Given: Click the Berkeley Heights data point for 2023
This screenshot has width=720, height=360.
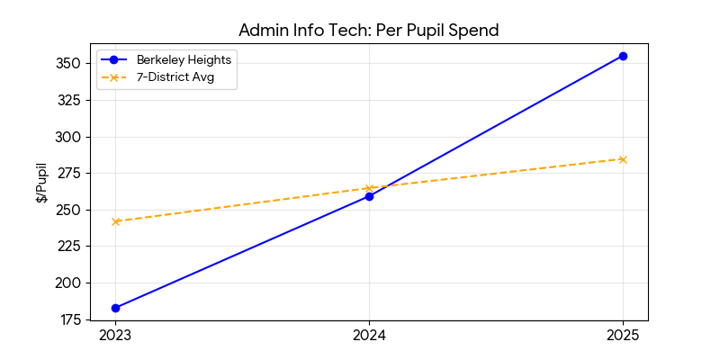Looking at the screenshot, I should tap(115, 308).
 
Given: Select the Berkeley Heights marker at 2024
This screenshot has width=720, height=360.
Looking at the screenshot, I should tap(369, 196).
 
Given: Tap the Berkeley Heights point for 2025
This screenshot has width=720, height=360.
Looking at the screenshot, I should tap(623, 56).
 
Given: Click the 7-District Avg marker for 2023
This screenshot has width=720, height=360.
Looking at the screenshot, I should tap(115, 221).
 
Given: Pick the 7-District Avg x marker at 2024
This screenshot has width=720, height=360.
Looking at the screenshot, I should tap(369, 188).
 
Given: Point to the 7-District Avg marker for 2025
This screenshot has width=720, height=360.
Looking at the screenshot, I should tap(623, 159).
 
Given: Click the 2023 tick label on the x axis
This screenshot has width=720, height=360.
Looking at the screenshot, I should tap(115, 336).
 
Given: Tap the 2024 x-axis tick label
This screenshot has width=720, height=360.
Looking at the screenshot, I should tap(369, 336).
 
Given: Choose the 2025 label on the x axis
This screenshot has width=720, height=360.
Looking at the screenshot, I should tap(623, 336).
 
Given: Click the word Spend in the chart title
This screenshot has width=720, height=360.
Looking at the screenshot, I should tap(474, 30).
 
